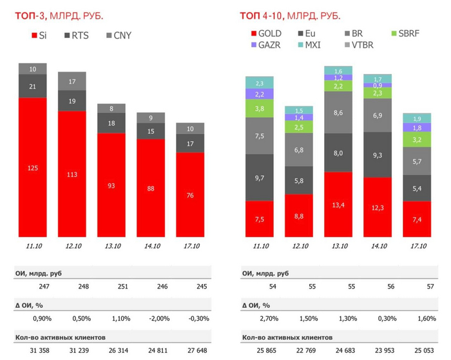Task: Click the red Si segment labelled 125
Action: (x=33, y=167)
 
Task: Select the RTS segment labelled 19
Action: (x=72, y=100)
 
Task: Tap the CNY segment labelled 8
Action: (x=111, y=109)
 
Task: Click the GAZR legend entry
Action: (x=265, y=45)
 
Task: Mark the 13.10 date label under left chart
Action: (x=111, y=247)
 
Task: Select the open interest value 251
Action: (x=111, y=285)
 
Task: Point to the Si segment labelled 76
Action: (x=190, y=195)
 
